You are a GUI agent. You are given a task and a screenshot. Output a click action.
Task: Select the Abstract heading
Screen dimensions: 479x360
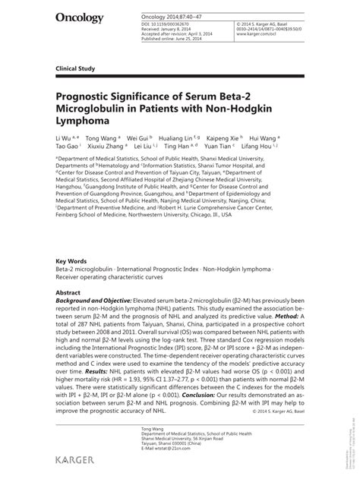click(x=68, y=291)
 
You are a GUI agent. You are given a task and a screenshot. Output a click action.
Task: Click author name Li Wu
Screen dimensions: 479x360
click(x=63, y=140)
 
